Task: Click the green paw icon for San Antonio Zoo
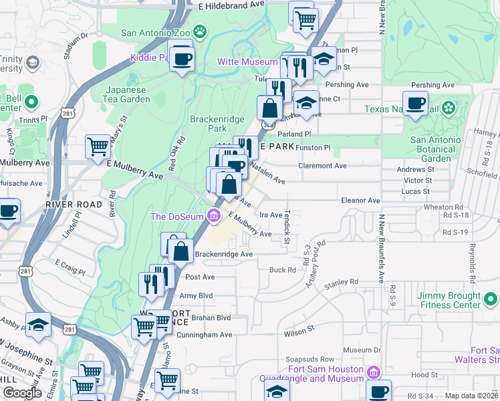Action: coord(199,31)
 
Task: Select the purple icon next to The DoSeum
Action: coord(214,215)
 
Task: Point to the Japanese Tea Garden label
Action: coord(128,94)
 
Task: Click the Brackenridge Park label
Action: coord(215,123)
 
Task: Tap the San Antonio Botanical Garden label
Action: coord(435,150)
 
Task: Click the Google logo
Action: coord(23,393)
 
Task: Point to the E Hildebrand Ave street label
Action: coord(232,5)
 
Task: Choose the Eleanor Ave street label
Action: coord(360,200)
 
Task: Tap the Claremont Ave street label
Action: coord(322,166)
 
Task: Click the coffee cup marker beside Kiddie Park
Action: coord(181,57)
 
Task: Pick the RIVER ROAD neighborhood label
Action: coord(74,204)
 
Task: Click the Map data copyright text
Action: coord(471,396)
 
